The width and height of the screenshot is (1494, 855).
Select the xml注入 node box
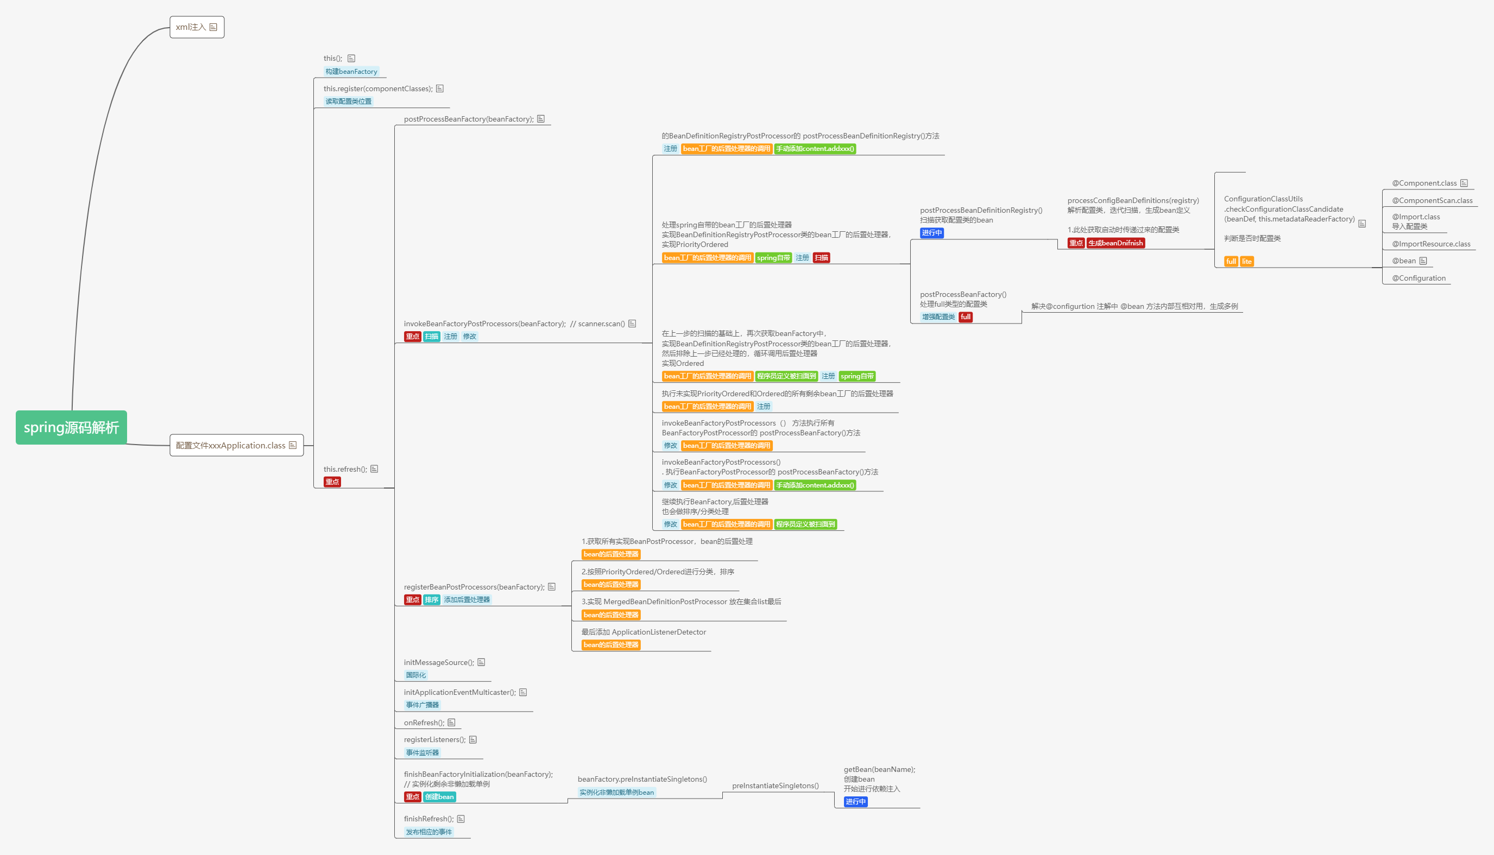click(197, 27)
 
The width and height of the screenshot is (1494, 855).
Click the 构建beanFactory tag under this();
click(351, 72)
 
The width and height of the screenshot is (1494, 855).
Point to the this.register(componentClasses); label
click(377, 88)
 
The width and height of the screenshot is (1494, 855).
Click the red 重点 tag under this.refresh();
click(332, 482)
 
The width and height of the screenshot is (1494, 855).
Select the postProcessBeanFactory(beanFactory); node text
click(469, 119)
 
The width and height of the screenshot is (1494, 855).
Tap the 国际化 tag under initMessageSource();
click(416, 675)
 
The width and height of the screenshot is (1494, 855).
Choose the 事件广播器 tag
click(423, 705)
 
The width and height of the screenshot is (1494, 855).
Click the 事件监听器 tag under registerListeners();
click(423, 753)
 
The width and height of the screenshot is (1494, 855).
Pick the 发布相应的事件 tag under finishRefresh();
click(428, 832)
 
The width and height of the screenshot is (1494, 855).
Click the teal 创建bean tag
click(439, 797)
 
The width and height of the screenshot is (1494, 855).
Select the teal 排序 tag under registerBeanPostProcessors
click(432, 599)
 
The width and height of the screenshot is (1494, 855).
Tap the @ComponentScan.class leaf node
click(1432, 201)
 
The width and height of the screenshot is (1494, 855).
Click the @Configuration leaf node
click(1419, 278)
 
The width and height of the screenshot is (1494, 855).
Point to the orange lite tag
click(1246, 261)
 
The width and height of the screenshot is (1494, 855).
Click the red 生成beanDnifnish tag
click(1115, 243)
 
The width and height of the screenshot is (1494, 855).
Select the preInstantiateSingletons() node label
click(775, 786)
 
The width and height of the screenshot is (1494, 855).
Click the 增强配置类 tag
click(938, 317)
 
